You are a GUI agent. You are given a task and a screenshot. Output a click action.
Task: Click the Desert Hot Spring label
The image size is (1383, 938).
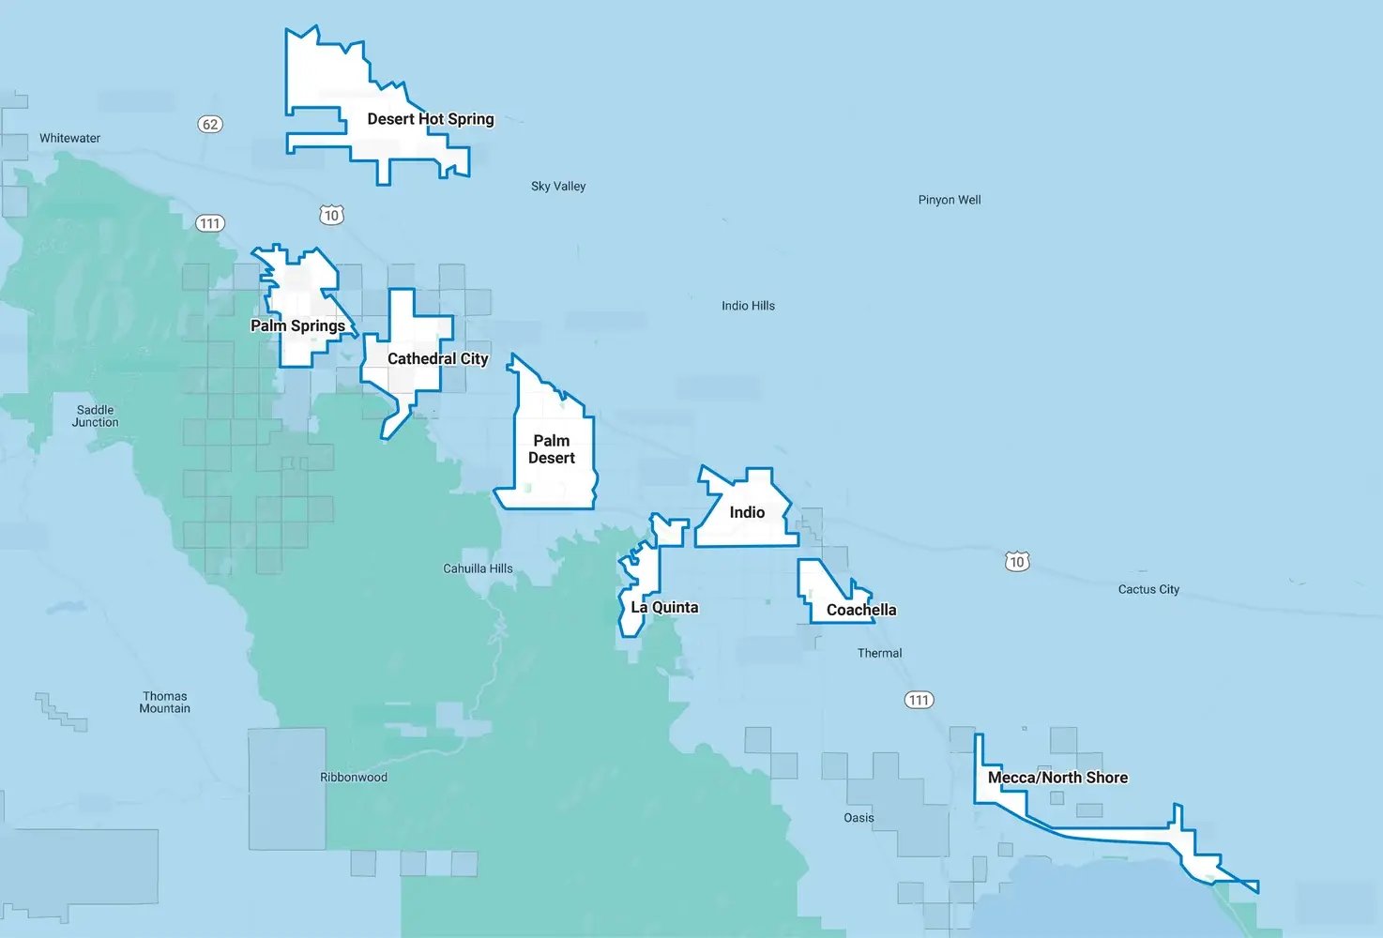[430, 119]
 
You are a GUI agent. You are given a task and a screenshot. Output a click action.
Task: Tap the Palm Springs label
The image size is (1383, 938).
[297, 325]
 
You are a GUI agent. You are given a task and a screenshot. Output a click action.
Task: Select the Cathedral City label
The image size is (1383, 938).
[437, 358]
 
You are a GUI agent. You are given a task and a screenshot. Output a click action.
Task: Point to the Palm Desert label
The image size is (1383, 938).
[552, 449]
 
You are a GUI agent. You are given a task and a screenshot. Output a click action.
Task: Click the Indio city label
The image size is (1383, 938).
[747, 512]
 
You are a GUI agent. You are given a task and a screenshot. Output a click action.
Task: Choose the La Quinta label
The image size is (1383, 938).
[664, 607]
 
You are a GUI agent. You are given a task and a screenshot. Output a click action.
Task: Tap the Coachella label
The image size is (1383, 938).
[861, 610]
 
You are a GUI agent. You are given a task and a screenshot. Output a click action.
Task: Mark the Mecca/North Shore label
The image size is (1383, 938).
[1057, 778]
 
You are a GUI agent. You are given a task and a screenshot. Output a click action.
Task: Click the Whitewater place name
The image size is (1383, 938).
[69, 138]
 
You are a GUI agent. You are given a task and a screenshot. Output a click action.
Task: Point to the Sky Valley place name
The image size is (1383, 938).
[558, 187]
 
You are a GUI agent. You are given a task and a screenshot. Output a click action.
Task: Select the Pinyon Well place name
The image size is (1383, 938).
[950, 200]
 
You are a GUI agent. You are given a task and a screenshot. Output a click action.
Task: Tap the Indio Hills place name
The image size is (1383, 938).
[748, 306]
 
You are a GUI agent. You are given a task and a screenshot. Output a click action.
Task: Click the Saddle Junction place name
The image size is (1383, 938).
[96, 416]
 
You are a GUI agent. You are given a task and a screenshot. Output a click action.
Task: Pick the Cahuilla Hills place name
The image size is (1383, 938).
[478, 568]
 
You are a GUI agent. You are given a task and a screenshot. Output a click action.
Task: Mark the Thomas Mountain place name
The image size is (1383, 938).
[164, 702]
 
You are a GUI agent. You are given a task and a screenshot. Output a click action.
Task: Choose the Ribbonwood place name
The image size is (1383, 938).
[353, 778]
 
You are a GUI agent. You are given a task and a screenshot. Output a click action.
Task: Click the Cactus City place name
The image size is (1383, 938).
[1148, 589]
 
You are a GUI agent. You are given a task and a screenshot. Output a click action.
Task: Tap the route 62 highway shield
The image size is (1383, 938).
[210, 124]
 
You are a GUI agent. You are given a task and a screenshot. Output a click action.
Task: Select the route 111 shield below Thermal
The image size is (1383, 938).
[919, 700]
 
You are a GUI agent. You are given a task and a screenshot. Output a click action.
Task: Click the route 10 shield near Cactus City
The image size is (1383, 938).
[1017, 562]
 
